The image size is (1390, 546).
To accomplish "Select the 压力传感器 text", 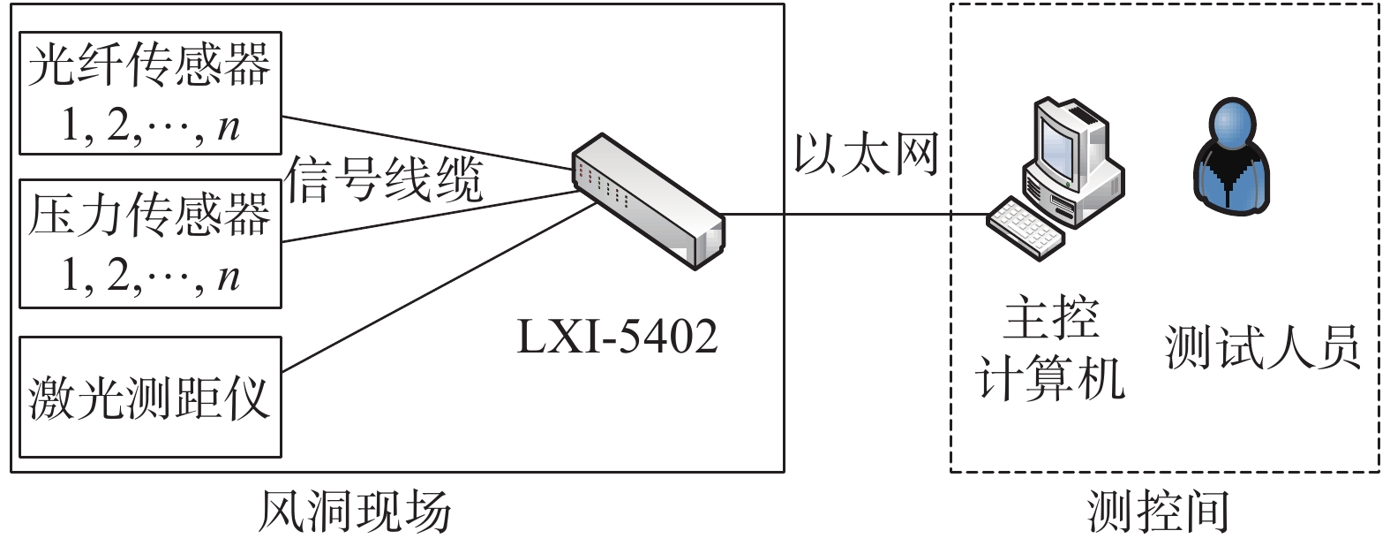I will click(148, 215).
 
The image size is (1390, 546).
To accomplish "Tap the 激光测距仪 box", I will click(149, 396).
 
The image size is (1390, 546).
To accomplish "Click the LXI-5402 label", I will click(617, 337).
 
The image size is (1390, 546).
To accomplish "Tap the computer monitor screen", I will click(1056, 140).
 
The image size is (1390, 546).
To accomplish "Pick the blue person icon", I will click(1232, 159).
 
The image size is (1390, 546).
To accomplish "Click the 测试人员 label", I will click(1262, 347).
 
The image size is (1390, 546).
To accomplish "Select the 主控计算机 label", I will click(1050, 348).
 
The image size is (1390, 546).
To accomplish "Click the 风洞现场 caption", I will click(354, 512).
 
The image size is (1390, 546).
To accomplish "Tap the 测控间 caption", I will click(1158, 512).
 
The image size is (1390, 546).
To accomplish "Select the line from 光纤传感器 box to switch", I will click(424, 141).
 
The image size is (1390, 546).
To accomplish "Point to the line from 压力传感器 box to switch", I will click(424, 216).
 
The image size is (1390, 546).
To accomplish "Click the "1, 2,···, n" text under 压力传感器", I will click(149, 277).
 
